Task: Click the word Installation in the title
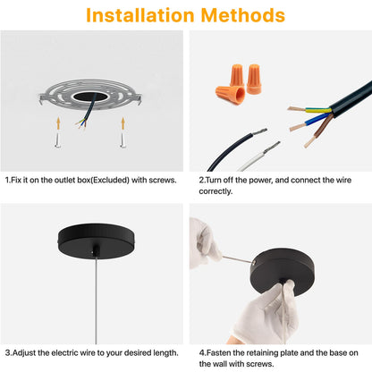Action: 139,15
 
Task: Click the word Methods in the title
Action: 243,15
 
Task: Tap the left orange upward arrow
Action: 59,123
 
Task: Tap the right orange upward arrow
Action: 123,123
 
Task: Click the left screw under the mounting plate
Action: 58,139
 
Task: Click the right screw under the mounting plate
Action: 123,139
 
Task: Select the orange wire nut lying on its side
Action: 231,94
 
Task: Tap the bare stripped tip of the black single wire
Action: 259,131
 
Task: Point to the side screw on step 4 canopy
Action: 254,262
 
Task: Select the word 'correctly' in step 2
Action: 216,191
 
